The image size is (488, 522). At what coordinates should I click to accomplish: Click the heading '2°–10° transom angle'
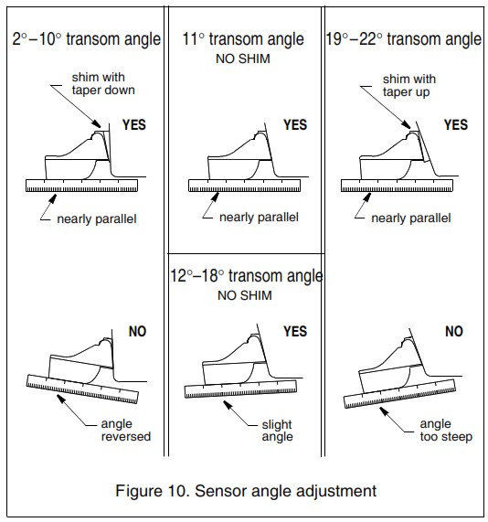(86, 39)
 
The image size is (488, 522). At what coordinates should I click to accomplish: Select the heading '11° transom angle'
(244, 39)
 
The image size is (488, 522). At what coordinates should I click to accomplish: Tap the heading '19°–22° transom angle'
(403, 39)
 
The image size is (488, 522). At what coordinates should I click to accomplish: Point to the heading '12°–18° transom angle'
(244, 275)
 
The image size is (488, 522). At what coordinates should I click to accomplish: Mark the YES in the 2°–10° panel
(134, 125)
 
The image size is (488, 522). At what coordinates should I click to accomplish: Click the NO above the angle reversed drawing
(137, 332)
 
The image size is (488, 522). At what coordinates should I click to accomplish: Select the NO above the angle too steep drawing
(453, 332)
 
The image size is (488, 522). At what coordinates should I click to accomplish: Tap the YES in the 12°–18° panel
(294, 332)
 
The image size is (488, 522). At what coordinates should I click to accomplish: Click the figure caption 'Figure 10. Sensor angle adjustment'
(245, 491)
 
